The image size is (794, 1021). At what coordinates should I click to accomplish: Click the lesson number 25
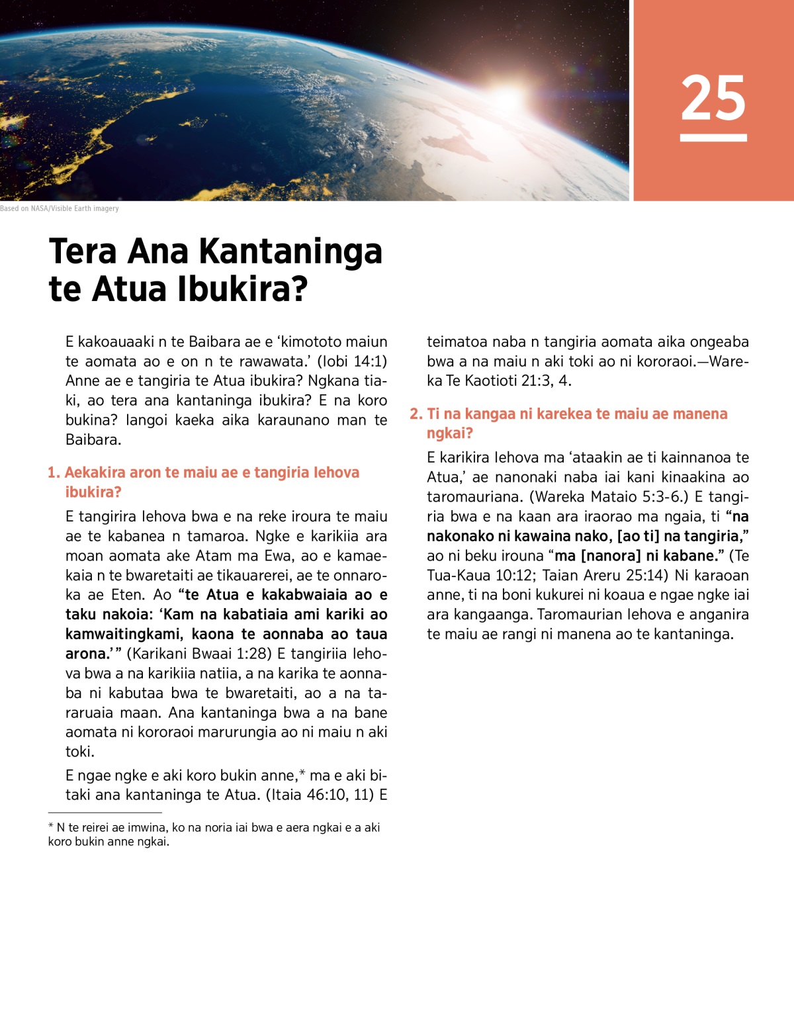[713, 98]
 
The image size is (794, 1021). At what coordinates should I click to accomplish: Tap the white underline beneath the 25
[713, 138]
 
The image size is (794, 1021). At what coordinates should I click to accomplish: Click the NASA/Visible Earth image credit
[60, 208]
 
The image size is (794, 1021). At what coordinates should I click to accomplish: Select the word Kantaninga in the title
[290, 251]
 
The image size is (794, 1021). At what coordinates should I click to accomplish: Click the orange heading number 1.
[54, 472]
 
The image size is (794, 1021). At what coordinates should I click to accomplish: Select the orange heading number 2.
[416, 414]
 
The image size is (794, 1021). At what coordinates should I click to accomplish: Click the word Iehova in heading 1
[336, 472]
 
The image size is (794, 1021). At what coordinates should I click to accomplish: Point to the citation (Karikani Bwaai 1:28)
[199, 654]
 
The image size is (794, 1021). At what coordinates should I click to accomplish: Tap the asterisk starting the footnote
[51, 828]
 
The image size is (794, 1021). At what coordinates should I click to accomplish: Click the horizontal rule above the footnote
[105, 813]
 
